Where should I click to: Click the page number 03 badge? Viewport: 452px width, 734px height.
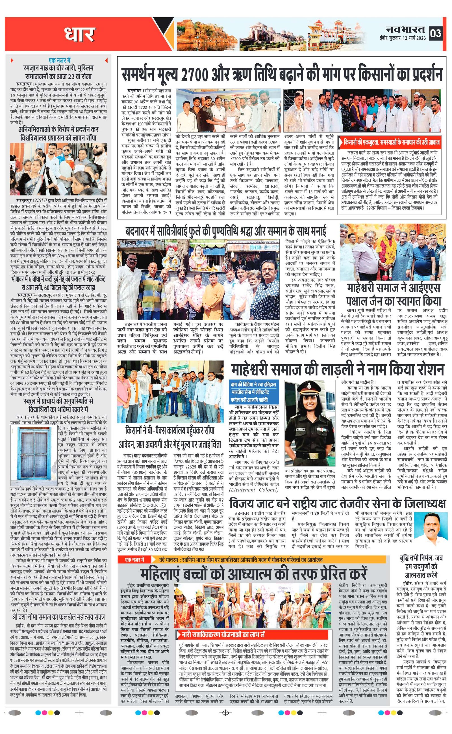click(436, 33)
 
